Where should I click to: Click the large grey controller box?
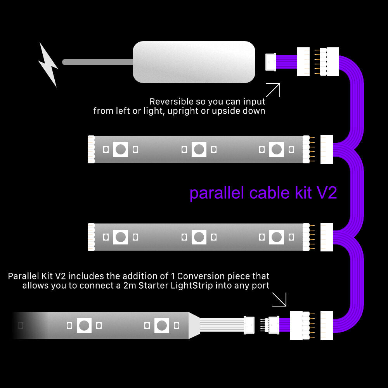194,62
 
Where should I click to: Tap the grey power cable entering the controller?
97,62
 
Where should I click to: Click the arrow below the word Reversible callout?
273,90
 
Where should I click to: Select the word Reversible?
171,102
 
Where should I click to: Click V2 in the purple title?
327,193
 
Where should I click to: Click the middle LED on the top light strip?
199,149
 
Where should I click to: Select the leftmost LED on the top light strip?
121,149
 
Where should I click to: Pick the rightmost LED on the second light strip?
277,237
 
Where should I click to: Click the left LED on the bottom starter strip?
84,326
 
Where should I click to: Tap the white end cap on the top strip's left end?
91,149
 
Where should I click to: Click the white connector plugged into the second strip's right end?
327,237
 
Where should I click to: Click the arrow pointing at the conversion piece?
279,299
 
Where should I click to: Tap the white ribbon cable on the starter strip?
221,325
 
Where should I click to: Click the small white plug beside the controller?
271,62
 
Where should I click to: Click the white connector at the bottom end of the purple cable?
327,325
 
